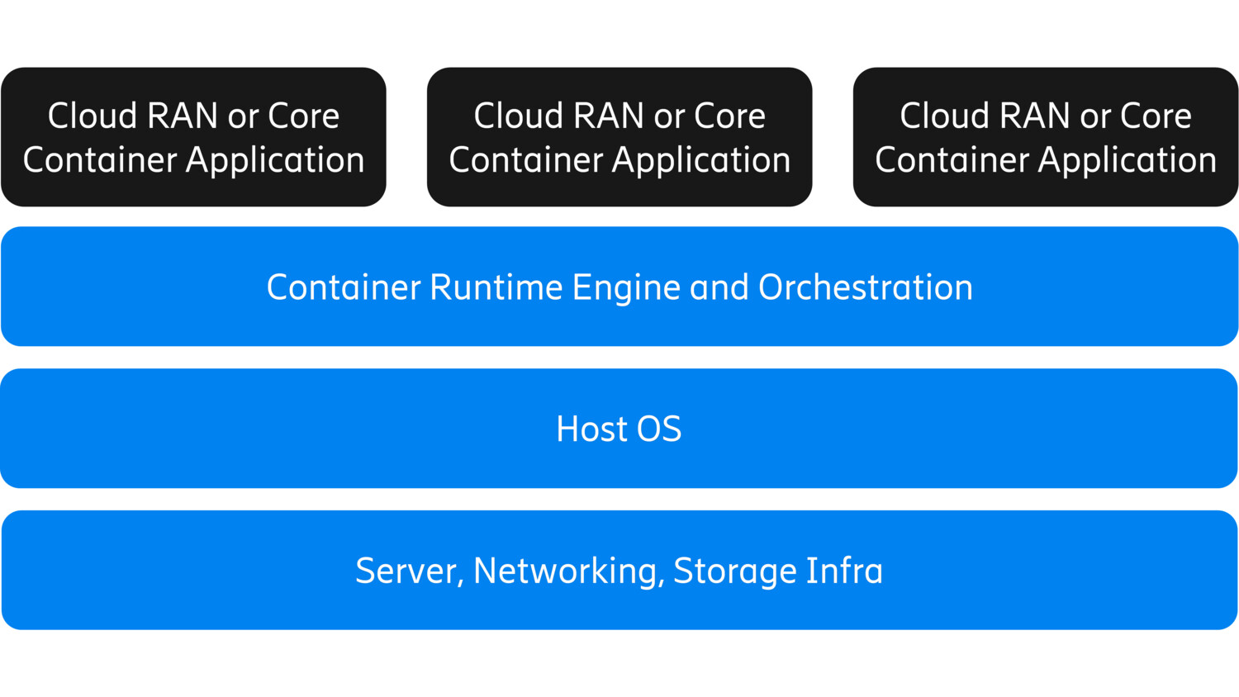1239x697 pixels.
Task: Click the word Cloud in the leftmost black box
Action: tap(92, 116)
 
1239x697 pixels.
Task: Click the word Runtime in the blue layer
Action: tap(496, 287)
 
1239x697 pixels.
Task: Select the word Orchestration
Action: tap(865, 287)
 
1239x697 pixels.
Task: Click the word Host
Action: tap(591, 429)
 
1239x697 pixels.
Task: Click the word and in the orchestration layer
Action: tap(719, 287)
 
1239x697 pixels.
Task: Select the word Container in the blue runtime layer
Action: tap(344, 287)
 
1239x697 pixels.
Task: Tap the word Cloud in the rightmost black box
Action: tap(944, 116)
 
